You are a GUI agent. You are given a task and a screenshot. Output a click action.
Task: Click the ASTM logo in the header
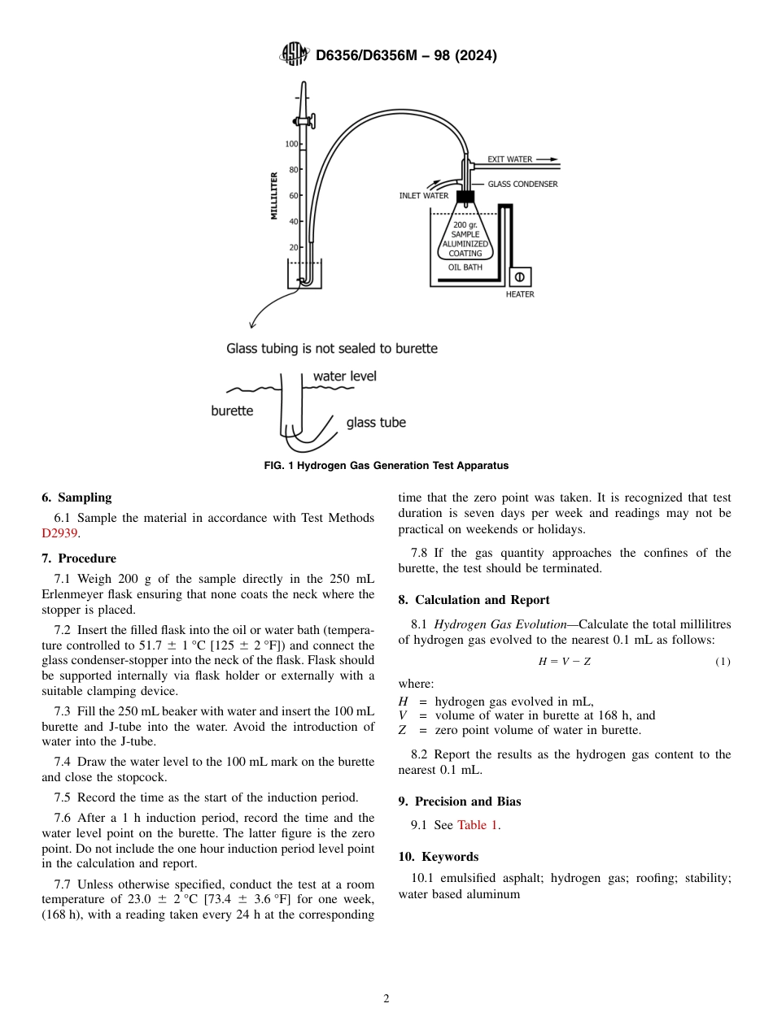[x=294, y=54]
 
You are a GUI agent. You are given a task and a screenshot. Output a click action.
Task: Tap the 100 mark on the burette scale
[x=290, y=144]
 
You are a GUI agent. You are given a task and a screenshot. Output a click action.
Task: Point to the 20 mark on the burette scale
[x=293, y=247]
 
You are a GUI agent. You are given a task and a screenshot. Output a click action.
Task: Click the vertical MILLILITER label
[x=274, y=196]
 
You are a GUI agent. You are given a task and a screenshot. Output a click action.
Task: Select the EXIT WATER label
[x=509, y=159]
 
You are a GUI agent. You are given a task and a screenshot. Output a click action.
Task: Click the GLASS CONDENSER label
[x=522, y=185]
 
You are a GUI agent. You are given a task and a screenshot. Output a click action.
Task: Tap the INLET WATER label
[x=423, y=196]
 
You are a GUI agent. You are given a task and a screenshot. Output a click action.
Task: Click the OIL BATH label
[x=465, y=267]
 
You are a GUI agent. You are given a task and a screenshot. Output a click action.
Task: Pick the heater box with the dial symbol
[x=519, y=277]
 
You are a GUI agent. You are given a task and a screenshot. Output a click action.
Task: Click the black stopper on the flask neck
[x=465, y=197]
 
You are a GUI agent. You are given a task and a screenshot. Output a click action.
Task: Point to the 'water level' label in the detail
[x=345, y=376]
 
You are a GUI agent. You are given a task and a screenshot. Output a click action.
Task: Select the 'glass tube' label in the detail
[x=376, y=423]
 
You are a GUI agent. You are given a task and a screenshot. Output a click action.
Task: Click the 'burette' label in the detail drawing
[x=232, y=411]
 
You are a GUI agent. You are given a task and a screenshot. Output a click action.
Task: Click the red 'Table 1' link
[x=478, y=825]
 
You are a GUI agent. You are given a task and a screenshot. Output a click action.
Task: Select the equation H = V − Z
[x=565, y=662]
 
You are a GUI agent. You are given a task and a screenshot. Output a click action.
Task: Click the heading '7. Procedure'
[x=79, y=558]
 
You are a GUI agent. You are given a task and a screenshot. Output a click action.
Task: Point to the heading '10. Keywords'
[x=439, y=857]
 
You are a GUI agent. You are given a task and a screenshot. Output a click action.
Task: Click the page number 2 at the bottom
[x=386, y=999]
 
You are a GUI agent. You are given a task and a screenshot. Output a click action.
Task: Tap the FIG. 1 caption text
[x=386, y=466]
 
